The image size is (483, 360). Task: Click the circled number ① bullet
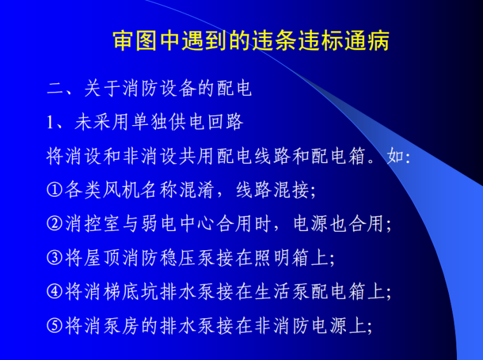[x=55, y=190]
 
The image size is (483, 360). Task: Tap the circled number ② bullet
[x=55, y=224]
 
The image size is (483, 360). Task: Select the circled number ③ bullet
[x=55, y=258]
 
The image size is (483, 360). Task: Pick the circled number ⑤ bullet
[x=55, y=326]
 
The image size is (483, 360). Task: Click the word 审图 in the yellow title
[x=135, y=41]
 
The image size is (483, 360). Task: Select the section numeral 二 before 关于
[x=55, y=88]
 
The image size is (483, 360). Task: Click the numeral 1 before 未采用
[x=51, y=122]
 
